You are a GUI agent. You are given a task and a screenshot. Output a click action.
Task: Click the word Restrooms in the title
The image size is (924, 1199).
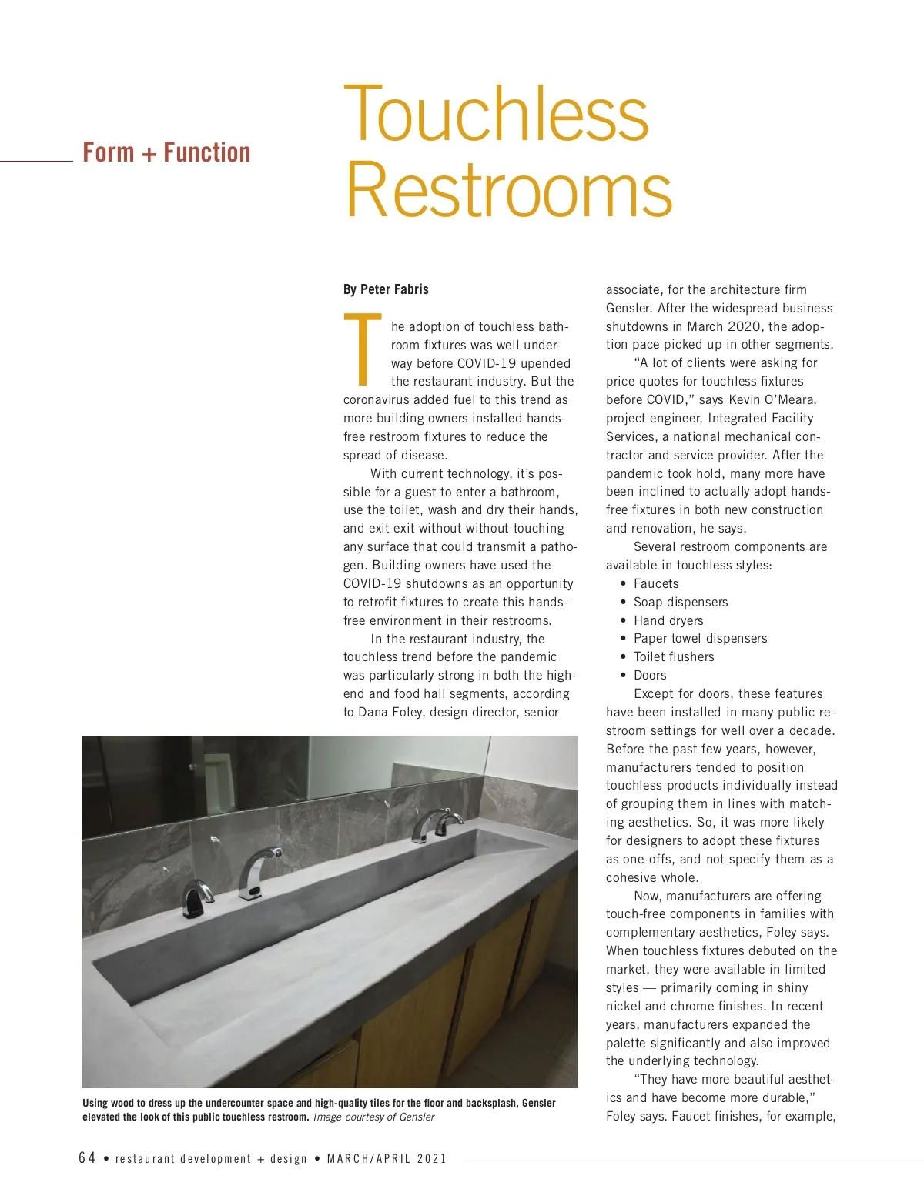click(x=508, y=189)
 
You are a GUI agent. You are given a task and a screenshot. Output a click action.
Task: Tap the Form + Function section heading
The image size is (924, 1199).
click(x=166, y=152)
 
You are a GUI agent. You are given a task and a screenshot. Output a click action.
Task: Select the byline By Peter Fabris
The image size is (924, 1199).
click(x=386, y=289)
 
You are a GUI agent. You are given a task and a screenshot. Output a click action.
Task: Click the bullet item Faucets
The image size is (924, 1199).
click(x=656, y=583)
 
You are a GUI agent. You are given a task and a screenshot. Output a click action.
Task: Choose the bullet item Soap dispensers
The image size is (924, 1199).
click(x=681, y=602)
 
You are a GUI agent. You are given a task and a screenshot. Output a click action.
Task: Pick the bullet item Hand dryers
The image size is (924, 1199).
click(x=668, y=620)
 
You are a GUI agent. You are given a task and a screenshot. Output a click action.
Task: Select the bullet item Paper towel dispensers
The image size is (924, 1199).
click(x=700, y=638)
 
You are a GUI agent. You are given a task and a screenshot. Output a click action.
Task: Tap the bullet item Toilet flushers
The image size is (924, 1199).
click(x=674, y=656)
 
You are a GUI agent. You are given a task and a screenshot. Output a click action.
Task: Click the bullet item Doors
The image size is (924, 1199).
click(x=650, y=675)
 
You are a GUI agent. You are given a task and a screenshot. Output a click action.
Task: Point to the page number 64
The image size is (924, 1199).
click(x=87, y=1158)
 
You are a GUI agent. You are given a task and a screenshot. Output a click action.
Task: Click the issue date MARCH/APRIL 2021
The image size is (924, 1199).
click(x=387, y=1159)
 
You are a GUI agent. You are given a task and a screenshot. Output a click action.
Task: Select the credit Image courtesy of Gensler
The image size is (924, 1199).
click(x=373, y=1117)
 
